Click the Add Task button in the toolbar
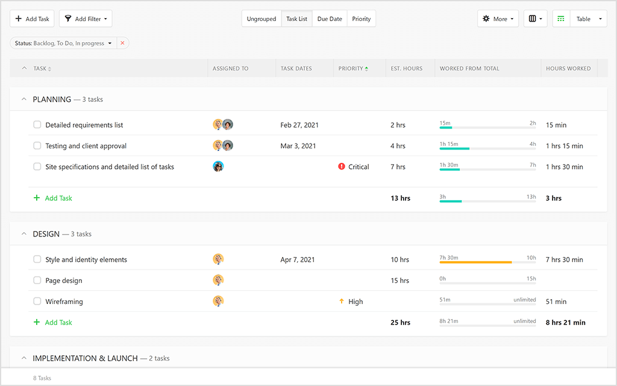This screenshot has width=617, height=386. pos(32,19)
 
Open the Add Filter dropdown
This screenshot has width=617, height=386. pos(86,19)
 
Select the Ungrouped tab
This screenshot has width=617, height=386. pos(262,19)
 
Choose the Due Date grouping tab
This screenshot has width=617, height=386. pos(330,19)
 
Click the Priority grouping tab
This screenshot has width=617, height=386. pos(362,19)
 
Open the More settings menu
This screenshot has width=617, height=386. pos(498,19)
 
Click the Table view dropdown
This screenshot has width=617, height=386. pos(587,19)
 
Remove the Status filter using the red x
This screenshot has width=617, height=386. pos(122,43)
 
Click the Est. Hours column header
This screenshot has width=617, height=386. pos(407,69)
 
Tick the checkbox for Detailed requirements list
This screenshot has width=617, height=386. pos(37,125)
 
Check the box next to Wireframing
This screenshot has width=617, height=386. pos(37,302)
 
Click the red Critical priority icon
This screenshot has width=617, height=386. pos(342,167)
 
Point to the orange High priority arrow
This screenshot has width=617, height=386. pos(342,302)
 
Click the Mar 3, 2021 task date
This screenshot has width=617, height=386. pos(298,146)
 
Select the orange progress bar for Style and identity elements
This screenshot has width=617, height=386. pos(475,262)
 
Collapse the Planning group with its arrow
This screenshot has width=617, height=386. pos(24,100)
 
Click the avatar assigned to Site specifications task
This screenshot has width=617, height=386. pos(218,166)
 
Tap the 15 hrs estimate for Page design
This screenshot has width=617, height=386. pos(399,280)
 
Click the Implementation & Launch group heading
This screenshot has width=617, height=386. pos(85,358)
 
